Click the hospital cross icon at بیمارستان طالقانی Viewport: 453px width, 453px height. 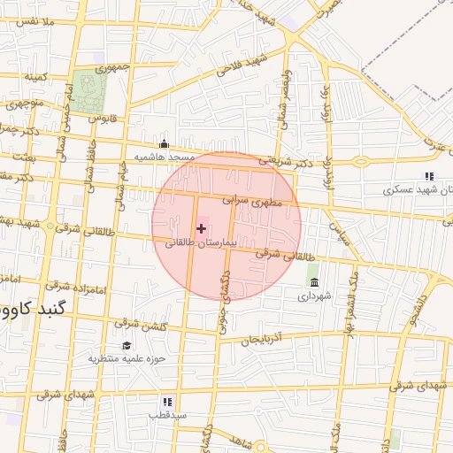201,228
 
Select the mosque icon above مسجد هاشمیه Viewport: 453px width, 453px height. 163,144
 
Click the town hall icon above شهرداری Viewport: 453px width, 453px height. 314,282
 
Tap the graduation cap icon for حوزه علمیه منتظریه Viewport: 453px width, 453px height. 126,346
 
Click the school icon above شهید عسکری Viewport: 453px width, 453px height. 430,177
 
